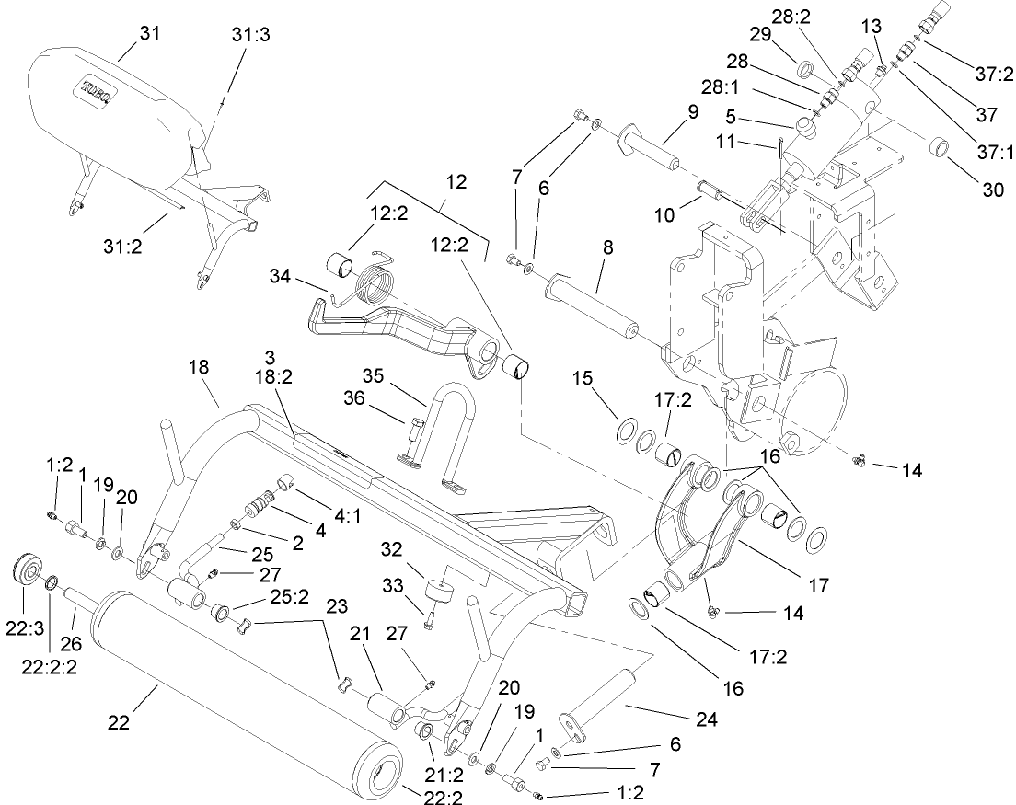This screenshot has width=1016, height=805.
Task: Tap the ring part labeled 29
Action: tap(803, 71)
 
